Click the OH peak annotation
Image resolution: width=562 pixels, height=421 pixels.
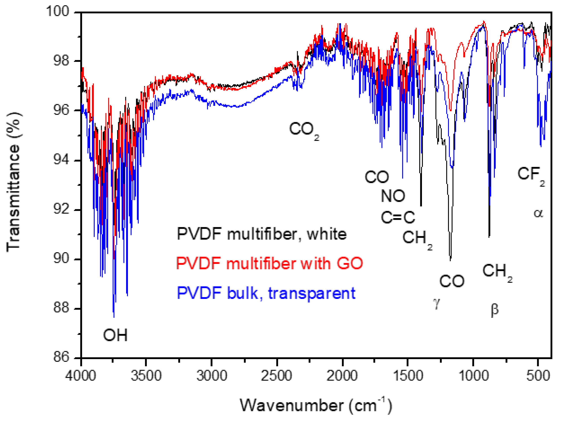click(x=115, y=335)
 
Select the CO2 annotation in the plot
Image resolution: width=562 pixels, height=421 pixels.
click(x=304, y=130)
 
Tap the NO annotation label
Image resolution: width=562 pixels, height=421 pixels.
click(x=393, y=196)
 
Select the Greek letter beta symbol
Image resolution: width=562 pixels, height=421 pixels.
click(x=494, y=310)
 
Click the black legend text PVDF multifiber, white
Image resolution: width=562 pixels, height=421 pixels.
click(x=262, y=234)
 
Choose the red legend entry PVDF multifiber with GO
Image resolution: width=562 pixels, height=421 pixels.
click(x=269, y=264)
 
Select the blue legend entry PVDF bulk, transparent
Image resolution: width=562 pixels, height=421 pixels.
click(x=266, y=293)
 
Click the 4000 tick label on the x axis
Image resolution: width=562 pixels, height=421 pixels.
click(x=80, y=376)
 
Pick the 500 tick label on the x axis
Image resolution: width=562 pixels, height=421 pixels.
click(x=538, y=376)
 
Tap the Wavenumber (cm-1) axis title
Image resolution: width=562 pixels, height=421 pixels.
click(x=316, y=406)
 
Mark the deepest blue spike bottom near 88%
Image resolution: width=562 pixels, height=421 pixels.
click(x=114, y=317)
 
